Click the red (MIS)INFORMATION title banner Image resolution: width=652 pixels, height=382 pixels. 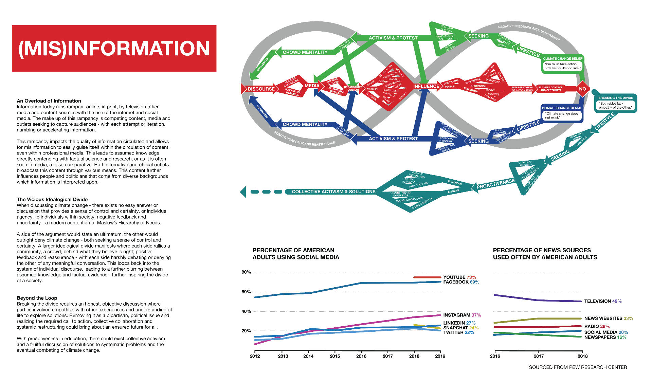(114, 48)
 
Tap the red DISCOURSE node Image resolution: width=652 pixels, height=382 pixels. (261, 89)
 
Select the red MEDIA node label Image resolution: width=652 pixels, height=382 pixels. (312, 86)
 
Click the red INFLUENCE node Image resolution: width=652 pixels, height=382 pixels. (426, 86)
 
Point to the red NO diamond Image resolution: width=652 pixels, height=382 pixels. (582, 89)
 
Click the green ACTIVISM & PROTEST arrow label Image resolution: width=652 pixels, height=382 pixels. (393, 38)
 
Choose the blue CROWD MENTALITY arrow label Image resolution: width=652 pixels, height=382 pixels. (305, 125)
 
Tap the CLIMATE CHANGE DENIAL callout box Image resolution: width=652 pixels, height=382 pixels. (562, 113)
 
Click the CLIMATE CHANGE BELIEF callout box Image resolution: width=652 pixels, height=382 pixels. (562, 64)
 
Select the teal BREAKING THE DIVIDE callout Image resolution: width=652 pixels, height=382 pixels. (615, 103)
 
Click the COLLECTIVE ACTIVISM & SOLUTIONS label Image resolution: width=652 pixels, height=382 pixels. (333, 192)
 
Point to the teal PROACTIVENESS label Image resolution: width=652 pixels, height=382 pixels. (495, 184)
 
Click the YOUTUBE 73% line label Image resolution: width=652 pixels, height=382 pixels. (459, 277)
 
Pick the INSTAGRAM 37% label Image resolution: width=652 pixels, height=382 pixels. (462, 315)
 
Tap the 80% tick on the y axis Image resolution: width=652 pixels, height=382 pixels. (246, 272)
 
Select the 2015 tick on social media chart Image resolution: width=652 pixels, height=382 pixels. (335, 356)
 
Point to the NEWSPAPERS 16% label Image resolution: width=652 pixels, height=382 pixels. (605, 337)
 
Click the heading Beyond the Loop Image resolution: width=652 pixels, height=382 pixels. (37, 298)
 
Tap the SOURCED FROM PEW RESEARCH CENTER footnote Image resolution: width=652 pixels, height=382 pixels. (578, 367)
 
